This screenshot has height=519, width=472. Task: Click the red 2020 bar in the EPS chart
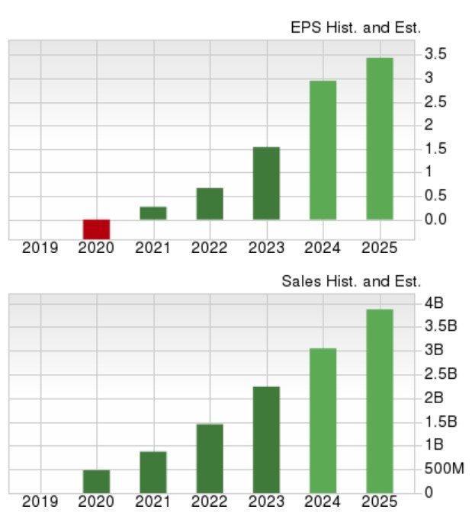coord(96,229)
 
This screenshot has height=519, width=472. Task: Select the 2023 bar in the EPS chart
coord(266,183)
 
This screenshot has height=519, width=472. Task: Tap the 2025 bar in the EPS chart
coord(379,139)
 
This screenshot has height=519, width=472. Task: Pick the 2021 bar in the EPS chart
coord(153,213)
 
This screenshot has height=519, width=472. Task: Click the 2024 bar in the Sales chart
coord(323,420)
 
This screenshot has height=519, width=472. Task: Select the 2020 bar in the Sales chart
coord(96,481)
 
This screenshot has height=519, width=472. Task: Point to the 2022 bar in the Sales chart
coord(209,458)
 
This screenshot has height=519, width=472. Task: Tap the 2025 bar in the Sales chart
coord(379,401)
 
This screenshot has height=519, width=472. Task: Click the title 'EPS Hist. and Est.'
coord(355,28)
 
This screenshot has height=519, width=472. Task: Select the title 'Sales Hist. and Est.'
coord(351,281)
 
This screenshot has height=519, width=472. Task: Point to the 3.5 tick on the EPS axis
coord(436,54)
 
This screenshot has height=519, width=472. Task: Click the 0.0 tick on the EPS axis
coord(436,219)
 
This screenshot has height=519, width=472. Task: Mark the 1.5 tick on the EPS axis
coord(436,149)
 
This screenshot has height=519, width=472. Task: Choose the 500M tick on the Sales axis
coord(444,469)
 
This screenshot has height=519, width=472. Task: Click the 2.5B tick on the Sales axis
coord(441,374)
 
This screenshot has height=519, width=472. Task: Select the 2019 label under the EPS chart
coord(40,248)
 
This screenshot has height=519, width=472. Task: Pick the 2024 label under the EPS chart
coord(323,248)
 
